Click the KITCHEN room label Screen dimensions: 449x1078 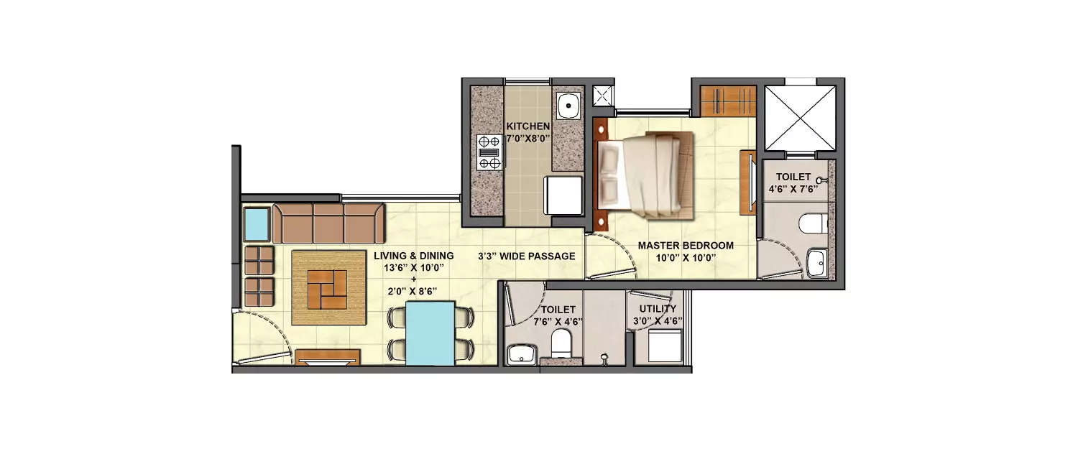pos(528,126)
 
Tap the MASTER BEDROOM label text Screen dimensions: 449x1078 pos(686,246)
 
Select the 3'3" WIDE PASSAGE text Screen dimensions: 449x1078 pos(527,256)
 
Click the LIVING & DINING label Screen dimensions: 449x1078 pos(413,256)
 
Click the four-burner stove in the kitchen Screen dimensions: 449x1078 pos(489,152)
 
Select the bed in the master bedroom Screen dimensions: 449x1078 pos(645,175)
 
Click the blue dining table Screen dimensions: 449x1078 pos(430,333)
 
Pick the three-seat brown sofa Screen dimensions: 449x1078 pos(329,223)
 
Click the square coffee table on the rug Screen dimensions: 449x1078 pos(327,289)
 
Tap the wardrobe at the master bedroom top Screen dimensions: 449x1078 pos(728,101)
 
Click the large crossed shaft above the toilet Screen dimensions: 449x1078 pos(800,118)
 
